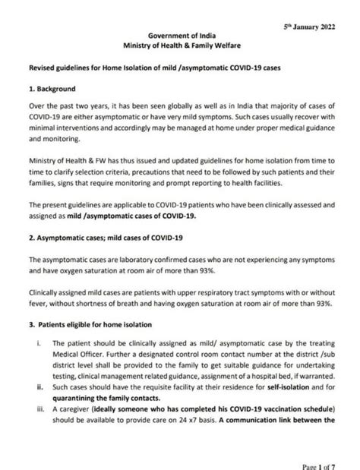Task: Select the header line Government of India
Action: pos(178,35)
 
